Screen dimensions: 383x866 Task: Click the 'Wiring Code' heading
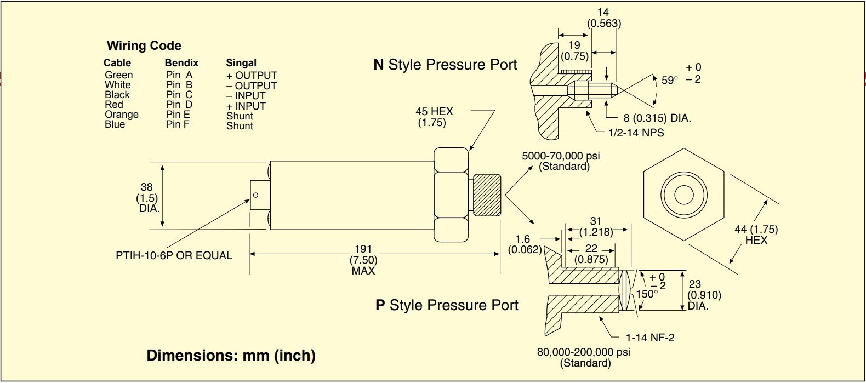click(144, 45)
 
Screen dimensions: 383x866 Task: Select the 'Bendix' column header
click(181, 63)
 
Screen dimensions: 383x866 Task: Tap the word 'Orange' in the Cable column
click(122, 115)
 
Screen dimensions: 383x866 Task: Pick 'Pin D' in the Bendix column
click(179, 105)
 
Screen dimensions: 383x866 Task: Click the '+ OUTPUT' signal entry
click(252, 76)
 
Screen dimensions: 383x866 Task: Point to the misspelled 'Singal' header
click(241, 63)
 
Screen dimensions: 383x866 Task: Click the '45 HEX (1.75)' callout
click(434, 117)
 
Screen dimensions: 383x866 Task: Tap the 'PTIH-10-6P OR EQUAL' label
click(174, 255)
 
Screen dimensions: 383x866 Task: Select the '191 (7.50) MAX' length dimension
click(363, 260)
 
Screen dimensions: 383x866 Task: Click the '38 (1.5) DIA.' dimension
click(147, 198)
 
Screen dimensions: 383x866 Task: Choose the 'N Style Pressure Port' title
click(445, 65)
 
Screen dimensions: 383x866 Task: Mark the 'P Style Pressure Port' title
click(447, 305)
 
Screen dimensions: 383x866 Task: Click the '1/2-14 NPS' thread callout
click(636, 133)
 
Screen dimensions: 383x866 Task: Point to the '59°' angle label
click(669, 80)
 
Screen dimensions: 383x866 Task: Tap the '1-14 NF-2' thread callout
click(650, 338)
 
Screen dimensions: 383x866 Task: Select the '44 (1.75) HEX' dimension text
click(756, 235)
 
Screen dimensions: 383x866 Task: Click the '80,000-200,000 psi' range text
click(583, 352)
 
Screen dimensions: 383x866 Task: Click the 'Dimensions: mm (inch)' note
click(231, 356)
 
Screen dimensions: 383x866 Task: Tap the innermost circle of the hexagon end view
click(683, 195)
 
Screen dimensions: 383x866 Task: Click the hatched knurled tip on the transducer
click(487, 195)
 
